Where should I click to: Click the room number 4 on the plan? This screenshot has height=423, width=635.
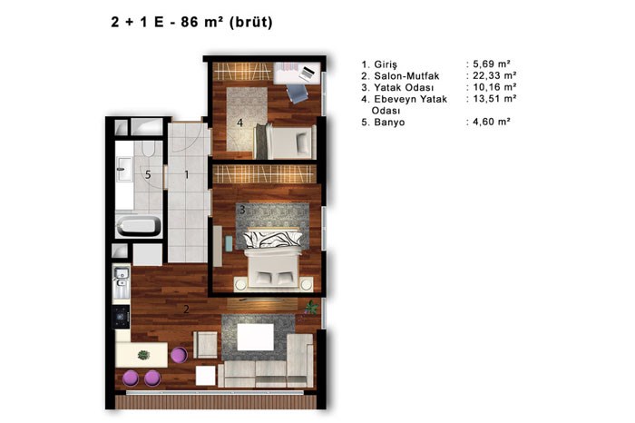[x=239, y=122]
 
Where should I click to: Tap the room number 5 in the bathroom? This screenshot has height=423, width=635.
[x=148, y=174]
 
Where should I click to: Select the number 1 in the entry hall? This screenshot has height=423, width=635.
[x=186, y=174]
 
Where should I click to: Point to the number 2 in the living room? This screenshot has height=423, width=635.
[x=186, y=310]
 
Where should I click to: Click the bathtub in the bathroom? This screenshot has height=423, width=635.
[x=139, y=226]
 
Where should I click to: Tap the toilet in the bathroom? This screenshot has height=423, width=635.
[x=148, y=148]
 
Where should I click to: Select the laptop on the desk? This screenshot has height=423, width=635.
[x=307, y=73]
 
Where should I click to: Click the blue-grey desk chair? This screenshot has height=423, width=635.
[x=298, y=93]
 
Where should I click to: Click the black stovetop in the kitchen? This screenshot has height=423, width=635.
[x=121, y=317]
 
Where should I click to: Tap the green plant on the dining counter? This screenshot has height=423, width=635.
[x=143, y=355]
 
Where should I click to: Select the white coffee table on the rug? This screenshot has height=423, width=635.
[x=256, y=337]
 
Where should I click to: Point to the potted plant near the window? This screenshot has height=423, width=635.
[x=311, y=308]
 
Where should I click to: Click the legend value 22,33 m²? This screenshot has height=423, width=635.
[x=494, y=75]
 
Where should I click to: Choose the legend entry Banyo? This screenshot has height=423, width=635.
[x=389, y=122]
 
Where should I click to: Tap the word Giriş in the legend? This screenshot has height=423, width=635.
[x=386, y=64]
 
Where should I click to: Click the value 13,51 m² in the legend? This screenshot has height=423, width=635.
[x=494, y=98]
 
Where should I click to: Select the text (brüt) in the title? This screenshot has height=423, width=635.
[x=251, y=22]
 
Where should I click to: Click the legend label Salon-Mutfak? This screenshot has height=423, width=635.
[x=406, y=75]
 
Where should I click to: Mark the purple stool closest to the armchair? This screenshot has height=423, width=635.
[x=179, y=355]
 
